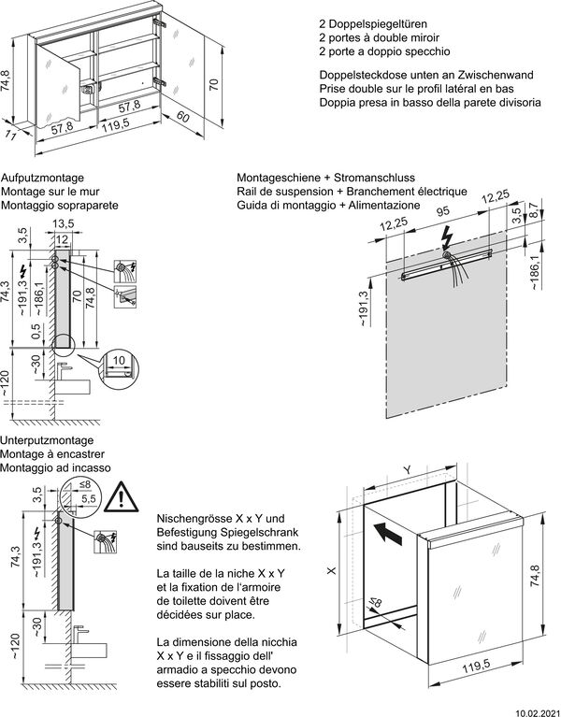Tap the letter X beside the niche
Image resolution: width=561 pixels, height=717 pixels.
(331, 567)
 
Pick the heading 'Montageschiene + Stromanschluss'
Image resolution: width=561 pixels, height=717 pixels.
(325, 178)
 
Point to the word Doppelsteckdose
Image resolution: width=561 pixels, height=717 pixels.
(360, 74)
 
